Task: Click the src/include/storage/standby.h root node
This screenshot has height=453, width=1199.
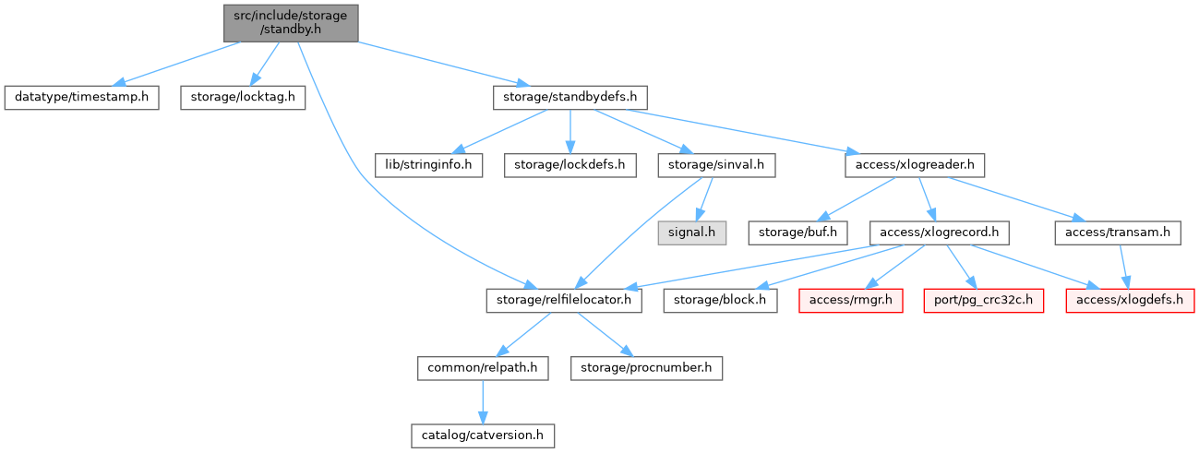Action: tap(291, 22)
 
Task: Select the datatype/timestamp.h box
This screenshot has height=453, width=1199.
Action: tap(81, 97)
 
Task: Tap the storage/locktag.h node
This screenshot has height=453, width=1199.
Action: tap(242, 97)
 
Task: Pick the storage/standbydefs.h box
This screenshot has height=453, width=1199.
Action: tap(570, 97)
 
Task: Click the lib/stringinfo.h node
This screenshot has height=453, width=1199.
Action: tap(428, 165)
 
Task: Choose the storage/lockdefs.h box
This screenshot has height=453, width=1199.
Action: tap(570, 165)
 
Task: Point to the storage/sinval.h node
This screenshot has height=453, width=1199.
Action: tap(716, 165)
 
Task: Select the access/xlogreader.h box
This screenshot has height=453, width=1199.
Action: tap(914, 165)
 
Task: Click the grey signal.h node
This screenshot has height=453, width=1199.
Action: tap(691, 232)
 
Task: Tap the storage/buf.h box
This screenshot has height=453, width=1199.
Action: tap(798, 232)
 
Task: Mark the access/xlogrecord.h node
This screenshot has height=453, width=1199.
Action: tap(937, 232)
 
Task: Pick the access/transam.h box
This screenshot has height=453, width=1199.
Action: tap(1118, 232)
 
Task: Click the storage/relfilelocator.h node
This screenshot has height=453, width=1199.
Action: tap(564, 300)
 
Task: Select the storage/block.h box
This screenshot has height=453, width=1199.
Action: tap(720, 300)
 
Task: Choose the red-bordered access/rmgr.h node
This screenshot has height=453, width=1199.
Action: tap(851, 300)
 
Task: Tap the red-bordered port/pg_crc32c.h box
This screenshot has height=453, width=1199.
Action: tap(984, 300)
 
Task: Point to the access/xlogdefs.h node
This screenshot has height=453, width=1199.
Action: tap(1131, 300)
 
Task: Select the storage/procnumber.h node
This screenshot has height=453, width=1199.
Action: tap(646, 367)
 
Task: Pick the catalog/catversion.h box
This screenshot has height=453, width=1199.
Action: tap(483, 435)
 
